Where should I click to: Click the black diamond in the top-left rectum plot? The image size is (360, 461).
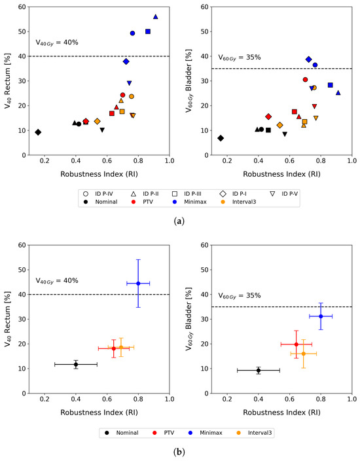pos(38,132)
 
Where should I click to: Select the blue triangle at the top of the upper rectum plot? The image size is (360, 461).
pos(156,17)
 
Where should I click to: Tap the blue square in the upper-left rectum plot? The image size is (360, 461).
pos(148,31)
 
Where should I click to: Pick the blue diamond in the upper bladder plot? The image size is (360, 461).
pos(308,60)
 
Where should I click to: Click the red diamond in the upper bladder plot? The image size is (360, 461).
pos(268,117)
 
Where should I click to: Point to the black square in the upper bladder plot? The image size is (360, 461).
pos(268,130)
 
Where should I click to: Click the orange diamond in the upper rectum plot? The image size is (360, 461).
pos(98,121)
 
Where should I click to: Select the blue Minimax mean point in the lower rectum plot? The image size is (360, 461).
pos(138,284)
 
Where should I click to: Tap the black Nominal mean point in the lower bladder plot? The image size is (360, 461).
pos(259,371)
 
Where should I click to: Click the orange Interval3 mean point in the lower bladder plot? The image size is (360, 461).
pos(304,354)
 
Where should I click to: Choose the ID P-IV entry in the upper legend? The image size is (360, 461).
pos(98,194)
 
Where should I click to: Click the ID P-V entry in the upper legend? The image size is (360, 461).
pos(284,194)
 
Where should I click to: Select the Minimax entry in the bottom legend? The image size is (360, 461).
pos(206,433)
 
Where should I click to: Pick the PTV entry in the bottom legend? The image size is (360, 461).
pos(164,433)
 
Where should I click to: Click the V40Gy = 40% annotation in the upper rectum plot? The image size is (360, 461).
pos(57,43)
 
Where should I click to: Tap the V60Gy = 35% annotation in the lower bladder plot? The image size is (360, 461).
pos(240,296)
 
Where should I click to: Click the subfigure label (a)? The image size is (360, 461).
pos(179,221)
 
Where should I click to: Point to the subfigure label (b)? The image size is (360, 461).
pos(179,452)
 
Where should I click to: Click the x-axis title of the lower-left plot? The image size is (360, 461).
pos(99,413)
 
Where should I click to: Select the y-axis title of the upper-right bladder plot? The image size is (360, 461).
pos(189,81)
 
